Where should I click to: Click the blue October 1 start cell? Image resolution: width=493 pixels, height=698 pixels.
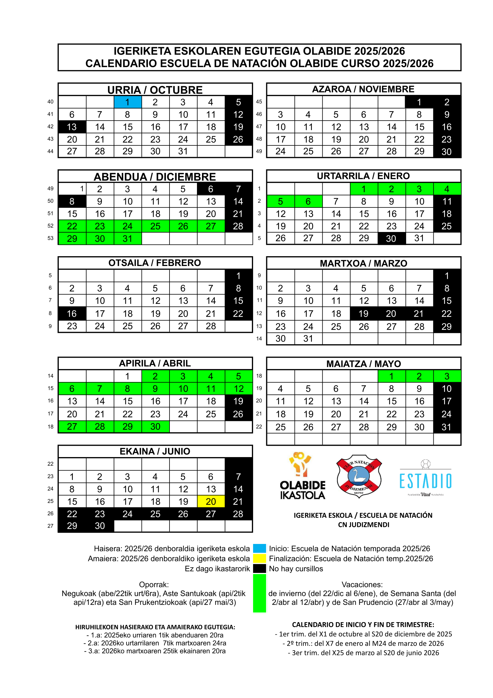click(x=128, y=102)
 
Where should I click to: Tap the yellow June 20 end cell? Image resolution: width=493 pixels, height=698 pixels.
click(x=211, y=501)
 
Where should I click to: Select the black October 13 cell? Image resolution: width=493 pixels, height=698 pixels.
click(x=72, y=127)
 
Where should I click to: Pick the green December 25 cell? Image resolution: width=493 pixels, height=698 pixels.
click(x=155, y=226)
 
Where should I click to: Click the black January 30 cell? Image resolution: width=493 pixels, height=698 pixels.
click(x=391, y=238)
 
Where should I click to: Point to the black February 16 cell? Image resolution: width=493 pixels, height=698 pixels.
click(x=72, y=313)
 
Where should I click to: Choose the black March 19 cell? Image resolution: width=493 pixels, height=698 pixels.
click(x=363, y=313)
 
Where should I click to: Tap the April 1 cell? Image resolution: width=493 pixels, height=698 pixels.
click(x=128, y=376)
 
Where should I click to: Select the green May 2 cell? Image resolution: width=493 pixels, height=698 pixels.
click(x=419, y=376)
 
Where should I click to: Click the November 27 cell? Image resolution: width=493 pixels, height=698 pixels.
click(x=363, y=151)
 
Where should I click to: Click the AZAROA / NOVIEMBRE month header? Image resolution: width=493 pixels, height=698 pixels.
click(x=363, y=89)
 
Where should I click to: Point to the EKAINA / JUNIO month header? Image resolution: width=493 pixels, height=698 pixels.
click(x=155, y=451)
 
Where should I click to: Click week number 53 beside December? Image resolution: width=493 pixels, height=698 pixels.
click(x=50, y=238)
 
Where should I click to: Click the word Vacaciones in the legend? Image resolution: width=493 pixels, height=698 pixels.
click(x=362, y=584)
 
